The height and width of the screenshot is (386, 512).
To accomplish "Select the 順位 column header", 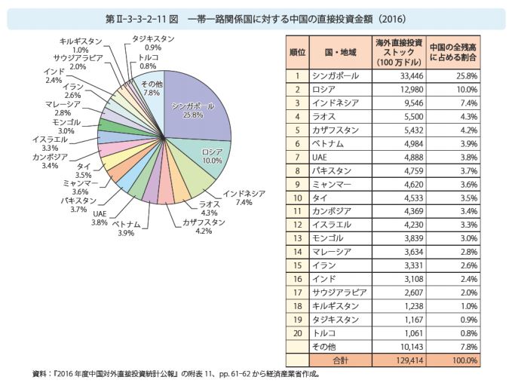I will point(298,51).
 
